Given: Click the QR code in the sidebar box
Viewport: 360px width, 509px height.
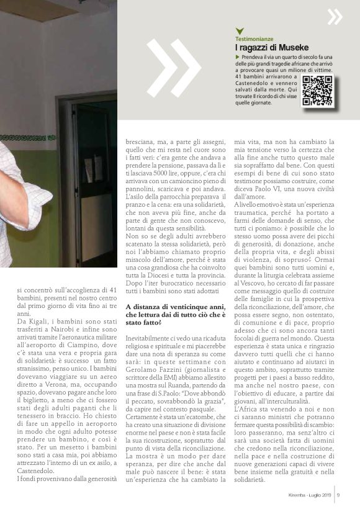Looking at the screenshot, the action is [317, 91].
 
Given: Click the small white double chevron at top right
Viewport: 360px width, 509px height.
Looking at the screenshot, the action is [335, 17].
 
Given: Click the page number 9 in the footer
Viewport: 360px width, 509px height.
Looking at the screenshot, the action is [338, 494].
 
